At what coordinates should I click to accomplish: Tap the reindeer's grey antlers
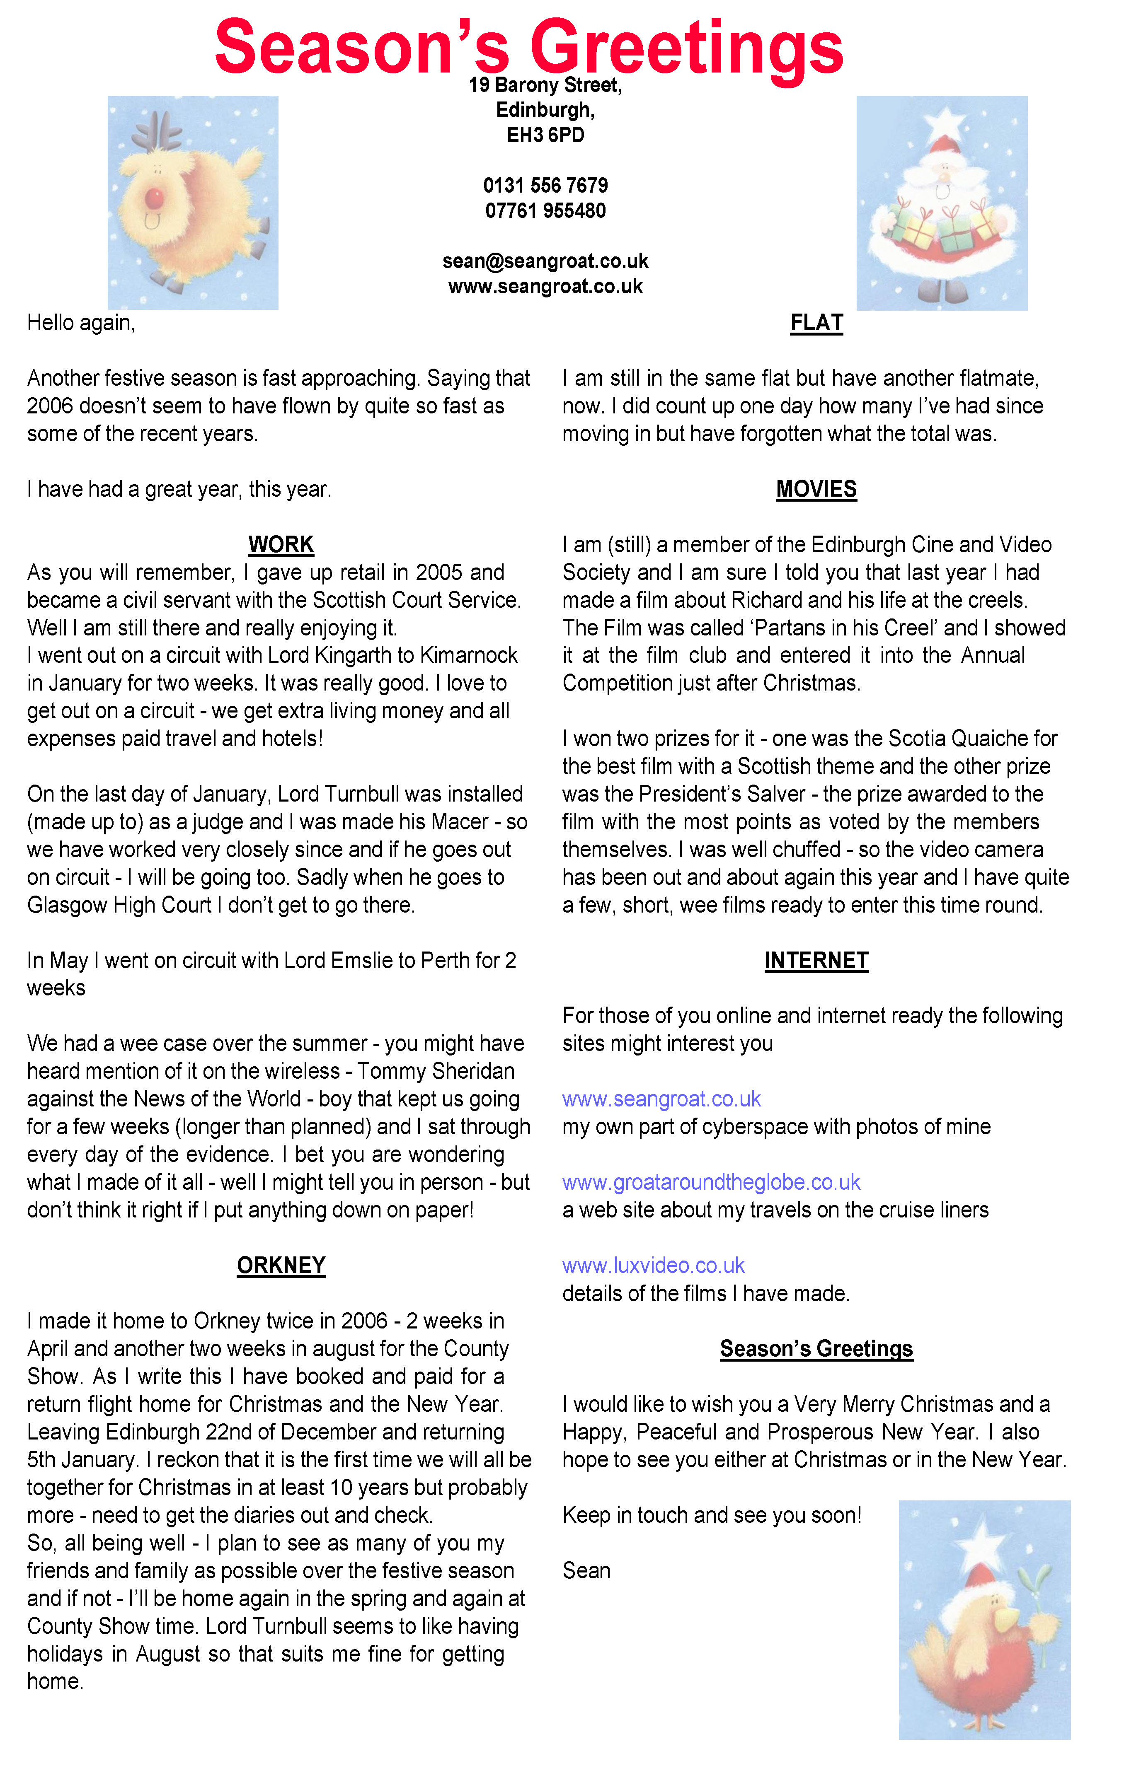click(157, 130)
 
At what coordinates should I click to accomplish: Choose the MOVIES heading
click(816, 489)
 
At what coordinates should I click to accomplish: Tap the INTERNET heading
click(816, 960)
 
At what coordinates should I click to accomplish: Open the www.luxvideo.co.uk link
click(653, 1265)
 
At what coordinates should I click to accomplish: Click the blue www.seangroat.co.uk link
click(661, 1099)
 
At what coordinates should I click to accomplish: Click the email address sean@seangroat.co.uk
click(545, 261)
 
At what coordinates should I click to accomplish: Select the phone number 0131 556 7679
click(545, 185)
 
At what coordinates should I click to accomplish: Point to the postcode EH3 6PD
click(545, 135)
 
